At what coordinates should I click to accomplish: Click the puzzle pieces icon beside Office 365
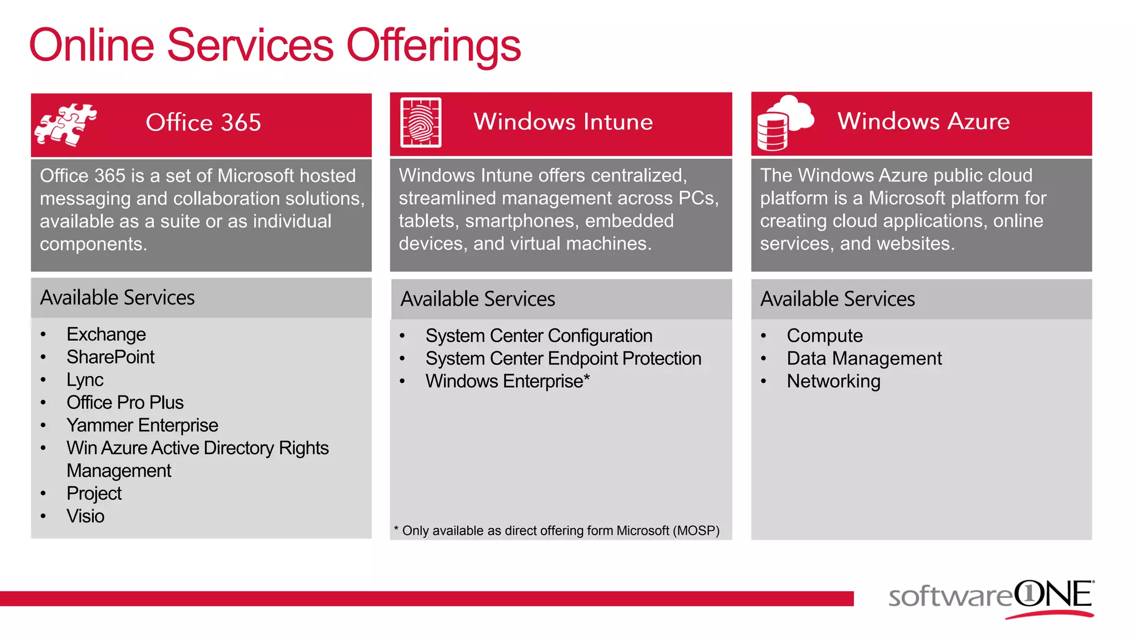(65, 125)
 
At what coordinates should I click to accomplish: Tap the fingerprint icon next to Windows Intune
(421, 123)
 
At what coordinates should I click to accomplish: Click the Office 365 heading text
(203, 123)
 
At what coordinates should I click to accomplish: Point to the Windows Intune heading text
(563, 122)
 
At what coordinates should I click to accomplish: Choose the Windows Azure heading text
(923, 121)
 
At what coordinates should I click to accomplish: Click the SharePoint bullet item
(110, 357)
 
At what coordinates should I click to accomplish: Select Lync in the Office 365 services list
(85, 380)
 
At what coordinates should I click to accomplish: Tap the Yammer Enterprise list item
(142, 425)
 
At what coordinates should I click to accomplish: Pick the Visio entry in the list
(85, 516)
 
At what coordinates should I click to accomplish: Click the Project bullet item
(94, 494)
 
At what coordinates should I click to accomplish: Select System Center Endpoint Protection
(563, 359)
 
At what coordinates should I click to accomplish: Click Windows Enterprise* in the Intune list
(507, 382)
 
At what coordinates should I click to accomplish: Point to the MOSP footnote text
(556, 531)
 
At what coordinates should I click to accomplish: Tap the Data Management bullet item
(863, 359)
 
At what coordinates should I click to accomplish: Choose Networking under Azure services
(833, 382)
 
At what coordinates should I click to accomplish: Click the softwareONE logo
(991, 598)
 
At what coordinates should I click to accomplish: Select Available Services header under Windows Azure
(837, 300)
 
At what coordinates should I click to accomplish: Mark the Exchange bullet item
(106, 334)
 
